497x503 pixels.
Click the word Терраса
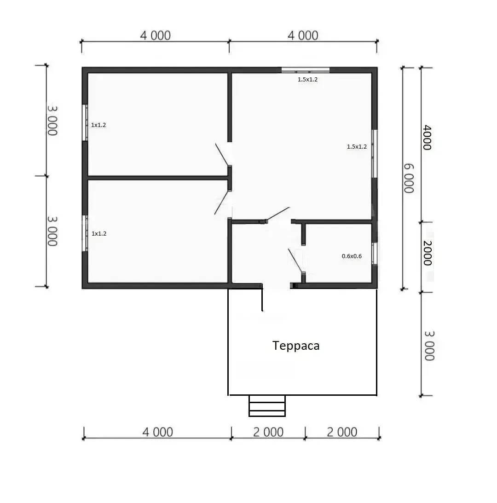point(296,346)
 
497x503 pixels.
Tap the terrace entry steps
point(267,406)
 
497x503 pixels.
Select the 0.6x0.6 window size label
point(352,256)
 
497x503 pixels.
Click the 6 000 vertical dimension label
point(409,179)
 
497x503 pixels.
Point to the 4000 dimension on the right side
point(427,138)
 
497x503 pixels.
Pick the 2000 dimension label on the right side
point(428,253)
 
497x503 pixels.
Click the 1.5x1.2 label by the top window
point(307,79)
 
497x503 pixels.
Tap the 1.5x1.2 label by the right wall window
point(357,147)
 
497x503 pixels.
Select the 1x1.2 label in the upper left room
point(98,125)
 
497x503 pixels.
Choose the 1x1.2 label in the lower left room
point(99,233)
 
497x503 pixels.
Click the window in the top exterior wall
point(306,70)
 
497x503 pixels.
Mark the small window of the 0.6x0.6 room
point(374,254)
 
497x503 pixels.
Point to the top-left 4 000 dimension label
point(155,35)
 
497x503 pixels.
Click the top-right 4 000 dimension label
point(303,35)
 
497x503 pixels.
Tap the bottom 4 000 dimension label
point(157,432)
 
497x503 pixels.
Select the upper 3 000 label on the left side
point(52,121)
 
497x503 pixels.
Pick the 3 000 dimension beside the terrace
point(429,346)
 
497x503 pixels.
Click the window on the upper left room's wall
point(85,122)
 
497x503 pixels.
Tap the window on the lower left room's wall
point(85,233)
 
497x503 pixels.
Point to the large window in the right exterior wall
point(375,154)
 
